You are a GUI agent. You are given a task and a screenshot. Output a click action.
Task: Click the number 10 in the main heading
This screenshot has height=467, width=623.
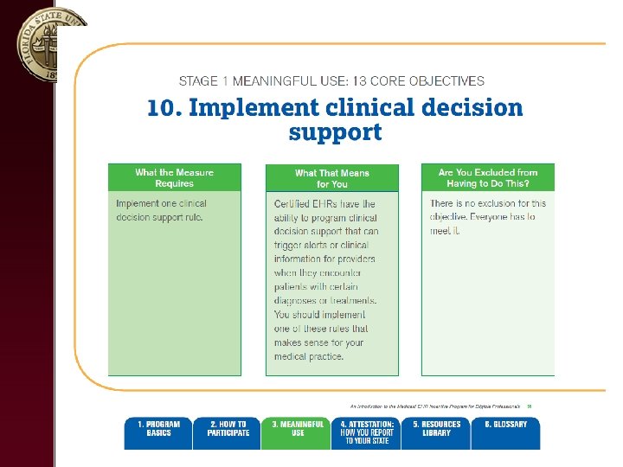point(160,108)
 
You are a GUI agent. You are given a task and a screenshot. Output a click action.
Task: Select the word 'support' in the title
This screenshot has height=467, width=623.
point(335,133)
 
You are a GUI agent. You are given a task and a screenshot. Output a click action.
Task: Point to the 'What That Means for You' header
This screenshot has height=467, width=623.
point(331,178)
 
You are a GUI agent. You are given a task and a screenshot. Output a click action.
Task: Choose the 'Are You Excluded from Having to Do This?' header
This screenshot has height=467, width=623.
point(488,177)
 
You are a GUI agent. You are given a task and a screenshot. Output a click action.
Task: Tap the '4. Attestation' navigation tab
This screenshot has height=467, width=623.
point(367,432)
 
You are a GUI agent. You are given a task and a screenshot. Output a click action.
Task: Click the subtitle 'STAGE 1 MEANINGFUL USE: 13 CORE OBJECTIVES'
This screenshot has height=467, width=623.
point(331,81)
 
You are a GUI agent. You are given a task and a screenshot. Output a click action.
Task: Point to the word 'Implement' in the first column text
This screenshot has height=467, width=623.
point(138,204)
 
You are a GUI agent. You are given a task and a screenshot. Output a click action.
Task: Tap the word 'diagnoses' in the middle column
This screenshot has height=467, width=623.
point(296,301)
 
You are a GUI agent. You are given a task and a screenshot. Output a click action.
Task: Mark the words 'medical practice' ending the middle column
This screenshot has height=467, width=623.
point(309,356)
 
